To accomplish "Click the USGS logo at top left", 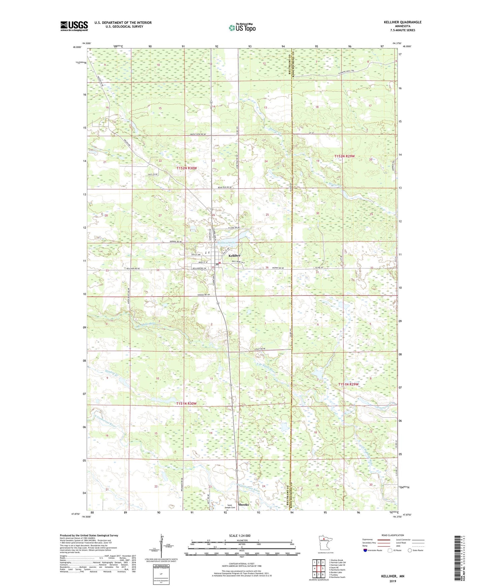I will point(74,26).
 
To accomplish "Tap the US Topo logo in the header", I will point(242,28).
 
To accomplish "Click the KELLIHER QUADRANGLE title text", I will point(402,22).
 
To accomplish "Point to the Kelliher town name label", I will point(234,256).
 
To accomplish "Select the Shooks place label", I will point(243,504).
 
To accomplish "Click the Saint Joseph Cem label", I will point(231,506).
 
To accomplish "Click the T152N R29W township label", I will point(344,156).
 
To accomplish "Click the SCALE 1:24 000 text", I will point(240,535).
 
